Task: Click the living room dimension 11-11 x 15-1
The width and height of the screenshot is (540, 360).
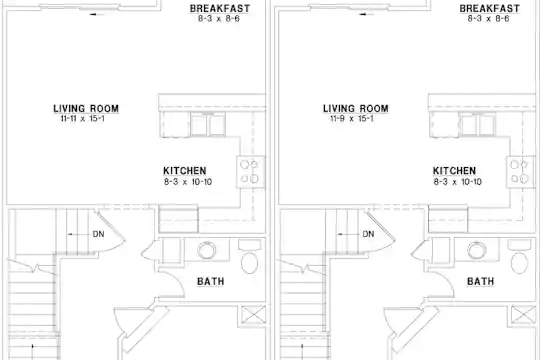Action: point(83,119)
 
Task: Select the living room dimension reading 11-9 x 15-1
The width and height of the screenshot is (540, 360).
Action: point(352,119)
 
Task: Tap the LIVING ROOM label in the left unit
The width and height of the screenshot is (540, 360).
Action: point(86,109)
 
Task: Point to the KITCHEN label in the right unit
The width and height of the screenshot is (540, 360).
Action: point(454,171)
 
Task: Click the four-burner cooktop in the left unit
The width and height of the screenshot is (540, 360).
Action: point(250,172)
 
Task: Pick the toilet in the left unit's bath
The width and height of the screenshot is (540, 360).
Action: point(249,257)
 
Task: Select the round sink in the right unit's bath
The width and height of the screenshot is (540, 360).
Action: point(477,250)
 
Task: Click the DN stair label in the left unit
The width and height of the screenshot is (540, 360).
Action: point(98,234)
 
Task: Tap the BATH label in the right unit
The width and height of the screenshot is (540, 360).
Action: point(480,281)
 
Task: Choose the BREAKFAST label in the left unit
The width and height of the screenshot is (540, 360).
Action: point(220,9)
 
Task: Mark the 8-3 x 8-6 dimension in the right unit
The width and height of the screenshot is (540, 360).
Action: point(488,19)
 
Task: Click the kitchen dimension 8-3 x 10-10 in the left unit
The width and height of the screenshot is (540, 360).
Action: point(188,182)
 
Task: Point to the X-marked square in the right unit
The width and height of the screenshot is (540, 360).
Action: point(523,315)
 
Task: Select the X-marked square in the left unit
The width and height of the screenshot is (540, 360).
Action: point(253,315)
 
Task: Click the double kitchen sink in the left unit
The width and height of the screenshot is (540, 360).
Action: point(208,124)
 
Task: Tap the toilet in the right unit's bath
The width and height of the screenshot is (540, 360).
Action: point(519,257)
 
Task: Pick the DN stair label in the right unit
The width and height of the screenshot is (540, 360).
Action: point(368,234)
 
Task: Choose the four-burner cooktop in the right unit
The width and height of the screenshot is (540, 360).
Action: point(520,172)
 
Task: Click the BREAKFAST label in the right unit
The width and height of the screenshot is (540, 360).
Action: point(490,9)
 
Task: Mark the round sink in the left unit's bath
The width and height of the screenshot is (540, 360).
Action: point(207,250)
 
